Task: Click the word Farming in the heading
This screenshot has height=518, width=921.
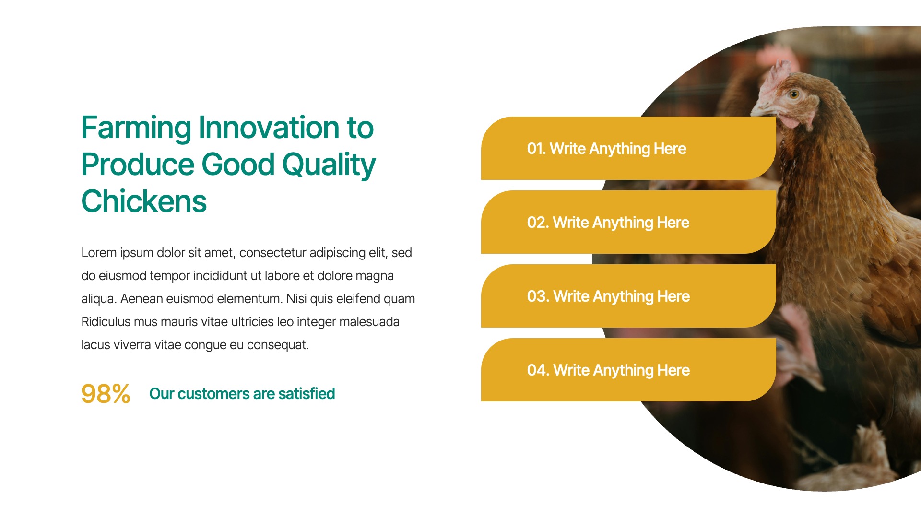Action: point(137,129)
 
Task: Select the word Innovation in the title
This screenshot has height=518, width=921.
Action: point(269,128)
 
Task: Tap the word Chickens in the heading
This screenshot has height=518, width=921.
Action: point(144,201)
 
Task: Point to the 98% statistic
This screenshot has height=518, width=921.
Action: point(106,394)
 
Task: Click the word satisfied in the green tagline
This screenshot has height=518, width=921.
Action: point(307,394)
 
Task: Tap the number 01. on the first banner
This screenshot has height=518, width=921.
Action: point(536,149)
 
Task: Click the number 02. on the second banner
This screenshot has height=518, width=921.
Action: point(538,223)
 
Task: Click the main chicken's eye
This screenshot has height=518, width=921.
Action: point(794,94)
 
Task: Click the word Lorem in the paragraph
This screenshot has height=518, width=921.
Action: point(99,253)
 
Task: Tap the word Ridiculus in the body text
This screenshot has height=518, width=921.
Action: point(106,322)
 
